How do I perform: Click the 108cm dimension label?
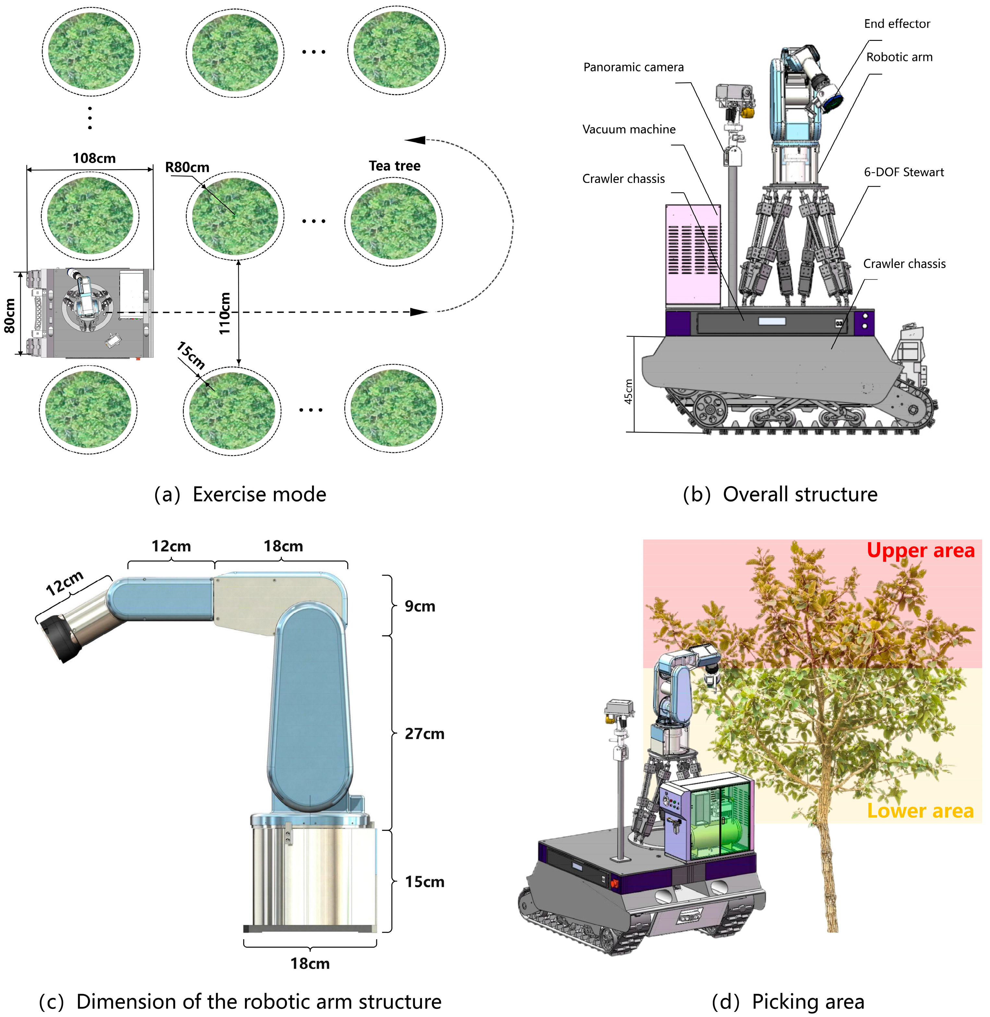tap(94, 158)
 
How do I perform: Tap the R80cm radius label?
tap(187, 167)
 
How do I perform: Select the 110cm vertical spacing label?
tap(224, 314)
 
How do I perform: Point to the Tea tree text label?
tap(395, 166)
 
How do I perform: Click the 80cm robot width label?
tap(10, 315)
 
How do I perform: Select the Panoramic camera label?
tap(633, 67)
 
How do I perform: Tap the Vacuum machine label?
tap(629, 129)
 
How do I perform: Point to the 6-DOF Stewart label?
tap(904, 172)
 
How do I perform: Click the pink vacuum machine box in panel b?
tap(693, 255)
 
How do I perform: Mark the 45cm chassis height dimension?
tap(629, 391)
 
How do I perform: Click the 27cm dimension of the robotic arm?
tap(424, 734)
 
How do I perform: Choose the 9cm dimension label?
tap(420, 606)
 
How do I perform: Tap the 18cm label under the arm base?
tap(310, 963)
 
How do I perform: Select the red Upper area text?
tap(920, 551)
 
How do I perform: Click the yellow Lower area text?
tap(920, 811)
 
